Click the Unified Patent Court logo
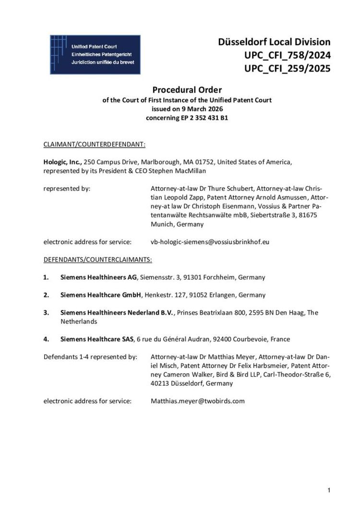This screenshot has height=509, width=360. [95, 54]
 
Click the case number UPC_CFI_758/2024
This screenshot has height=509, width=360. [287, 55]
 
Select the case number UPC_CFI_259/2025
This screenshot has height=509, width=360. [287, 69]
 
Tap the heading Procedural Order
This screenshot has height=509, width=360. [187, 89]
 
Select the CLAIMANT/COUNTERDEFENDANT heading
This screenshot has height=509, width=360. [94, 143]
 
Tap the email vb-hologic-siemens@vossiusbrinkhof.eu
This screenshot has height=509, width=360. [210, 242]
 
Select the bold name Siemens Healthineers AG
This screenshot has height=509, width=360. [99, 277]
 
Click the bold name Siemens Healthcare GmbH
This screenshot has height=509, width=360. [98, 295]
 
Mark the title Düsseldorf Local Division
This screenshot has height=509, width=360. [274, 42]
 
